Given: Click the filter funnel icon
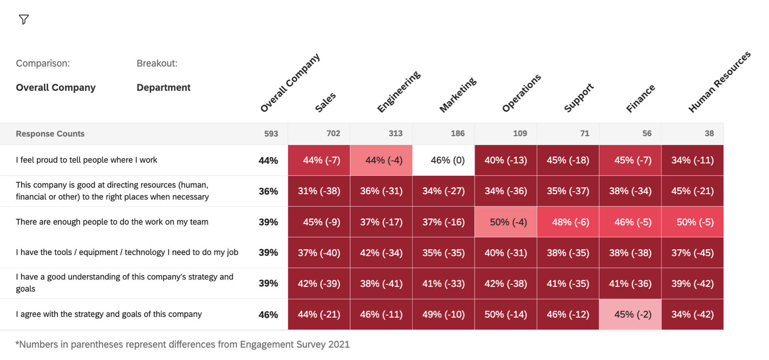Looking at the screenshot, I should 24,19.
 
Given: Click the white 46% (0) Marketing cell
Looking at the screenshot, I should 447,160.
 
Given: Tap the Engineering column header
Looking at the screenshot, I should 398,92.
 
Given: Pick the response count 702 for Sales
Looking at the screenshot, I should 333,133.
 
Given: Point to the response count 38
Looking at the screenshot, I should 709,133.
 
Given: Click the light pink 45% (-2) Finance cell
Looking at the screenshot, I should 632,314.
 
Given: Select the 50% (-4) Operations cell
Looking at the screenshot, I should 508,222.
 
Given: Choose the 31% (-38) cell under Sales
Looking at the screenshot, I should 319,191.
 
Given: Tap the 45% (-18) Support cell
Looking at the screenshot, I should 568,160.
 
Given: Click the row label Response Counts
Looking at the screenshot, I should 50,133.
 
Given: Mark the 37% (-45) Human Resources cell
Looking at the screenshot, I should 692,253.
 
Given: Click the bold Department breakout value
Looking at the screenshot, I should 163,87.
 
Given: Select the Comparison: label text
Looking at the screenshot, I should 43,63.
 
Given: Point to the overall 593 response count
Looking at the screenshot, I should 271,133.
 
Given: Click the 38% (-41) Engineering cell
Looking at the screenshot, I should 381,284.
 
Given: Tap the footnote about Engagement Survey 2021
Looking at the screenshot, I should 183,345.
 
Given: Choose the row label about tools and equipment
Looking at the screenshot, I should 127,252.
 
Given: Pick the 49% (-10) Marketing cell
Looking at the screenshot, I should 443,314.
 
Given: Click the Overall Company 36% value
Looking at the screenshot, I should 268,191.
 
